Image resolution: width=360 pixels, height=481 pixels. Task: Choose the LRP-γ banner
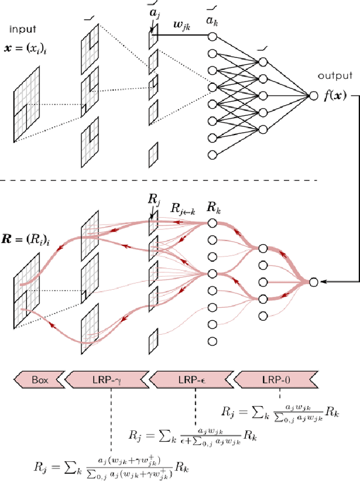point(107,380)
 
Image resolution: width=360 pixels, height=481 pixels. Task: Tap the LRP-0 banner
point(275,380)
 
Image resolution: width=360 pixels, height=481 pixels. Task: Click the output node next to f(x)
point(313,96)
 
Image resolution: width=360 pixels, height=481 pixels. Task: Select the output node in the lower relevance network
point(313,281)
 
